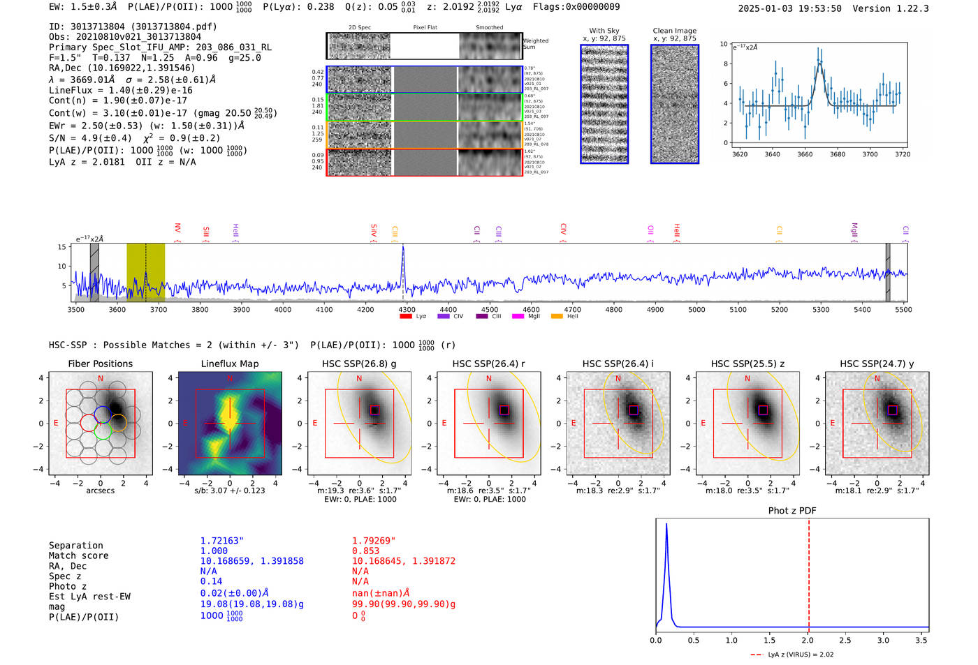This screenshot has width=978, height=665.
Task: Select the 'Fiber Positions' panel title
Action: coord(100,364)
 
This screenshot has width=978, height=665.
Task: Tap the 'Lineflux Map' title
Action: coord(229,364)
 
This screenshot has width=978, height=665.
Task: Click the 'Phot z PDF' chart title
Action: coord(791,510)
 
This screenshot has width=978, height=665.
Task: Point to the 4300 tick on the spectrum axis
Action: coord(407,310)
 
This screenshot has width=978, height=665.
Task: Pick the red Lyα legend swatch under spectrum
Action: coord(405,317)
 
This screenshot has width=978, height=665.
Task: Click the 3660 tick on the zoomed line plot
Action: coord(805,154)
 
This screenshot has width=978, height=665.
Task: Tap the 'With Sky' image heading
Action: coord(604,31)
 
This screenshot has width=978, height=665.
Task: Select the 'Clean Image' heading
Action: coord(674,31)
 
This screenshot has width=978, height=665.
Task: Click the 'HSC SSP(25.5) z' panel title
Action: coord(747,364)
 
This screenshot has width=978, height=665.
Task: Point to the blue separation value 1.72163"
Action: coord(221,541)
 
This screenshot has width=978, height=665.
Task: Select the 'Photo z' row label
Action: coord(68,586)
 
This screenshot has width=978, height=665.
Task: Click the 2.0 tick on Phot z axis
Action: coord(807,640)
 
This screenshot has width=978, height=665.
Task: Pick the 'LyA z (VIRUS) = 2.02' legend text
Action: coord(800,655)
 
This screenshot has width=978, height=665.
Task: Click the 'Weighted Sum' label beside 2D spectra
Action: coord(535,44)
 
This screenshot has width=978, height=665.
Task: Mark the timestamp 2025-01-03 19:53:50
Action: coord(789,8)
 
